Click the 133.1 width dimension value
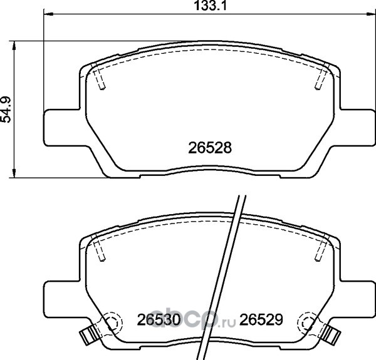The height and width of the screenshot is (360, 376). (210, 6)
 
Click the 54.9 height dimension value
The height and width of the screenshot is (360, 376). (6, 110)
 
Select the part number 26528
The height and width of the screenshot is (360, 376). (210, 148)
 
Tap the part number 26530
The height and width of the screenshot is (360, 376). (159, 320)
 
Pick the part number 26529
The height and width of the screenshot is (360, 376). (261, 320)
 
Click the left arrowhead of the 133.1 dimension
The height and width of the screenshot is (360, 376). (48, 14)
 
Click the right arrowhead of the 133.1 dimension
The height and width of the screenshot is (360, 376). (371, 14)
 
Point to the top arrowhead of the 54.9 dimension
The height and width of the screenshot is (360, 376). (14, 45)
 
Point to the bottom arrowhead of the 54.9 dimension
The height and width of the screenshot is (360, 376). (14, 173)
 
